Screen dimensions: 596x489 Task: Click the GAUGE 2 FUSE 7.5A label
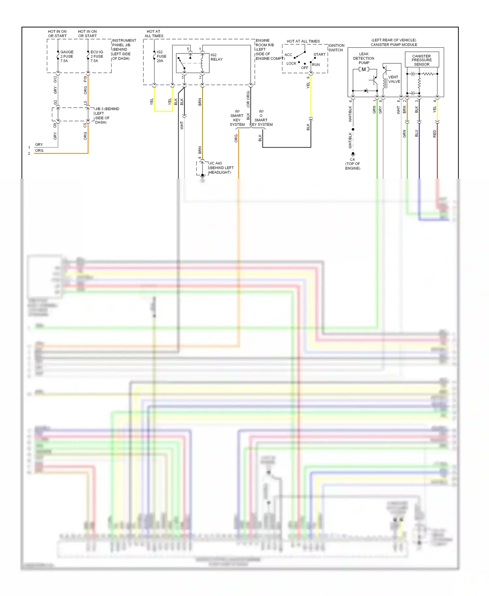pyautogui.click(x=67, y=56)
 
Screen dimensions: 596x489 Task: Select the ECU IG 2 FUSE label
pyautogui.click(x=96, y=56)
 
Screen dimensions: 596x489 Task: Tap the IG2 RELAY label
pyautogui.click(x=216, y=57)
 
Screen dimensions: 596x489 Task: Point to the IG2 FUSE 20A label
pyautogui.click(x=161, y=56)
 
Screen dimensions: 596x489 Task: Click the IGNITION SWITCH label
pyautogui.click(x=336, y=48)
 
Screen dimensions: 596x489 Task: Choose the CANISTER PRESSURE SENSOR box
pyautogui.click(x=422, y=60)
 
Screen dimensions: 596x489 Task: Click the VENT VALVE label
pyautogui.click(x=394, y=79)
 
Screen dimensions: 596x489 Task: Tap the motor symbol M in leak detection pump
pyautogui.click(x=363, y=69)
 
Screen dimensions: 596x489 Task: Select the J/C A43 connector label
pyautogui.click(x=215, y=163)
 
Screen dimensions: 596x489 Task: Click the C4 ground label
pyautogui.click(x=352, y=160)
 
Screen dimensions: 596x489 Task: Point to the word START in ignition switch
pyautogui.click(x=319, y=54)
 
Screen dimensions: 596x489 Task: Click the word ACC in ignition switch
pyautogui.click(x=288, y=55)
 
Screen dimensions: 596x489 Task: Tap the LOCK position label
pyautogui.click(x=291, y=64)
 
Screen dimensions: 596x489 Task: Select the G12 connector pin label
pyautogui.click(x=55, y=79)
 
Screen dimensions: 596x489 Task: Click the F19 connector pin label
pyautogui.click(x=85, y=79)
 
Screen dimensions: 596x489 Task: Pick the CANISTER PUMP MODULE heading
pyautogui.click(x=393, y=45)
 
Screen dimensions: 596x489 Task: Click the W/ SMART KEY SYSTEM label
pyautogui.click(x=237, y=118)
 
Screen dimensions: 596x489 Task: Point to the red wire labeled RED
pyautogui.click(x=437, y=150)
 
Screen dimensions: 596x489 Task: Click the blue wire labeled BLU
pyautogui.click(x=419, y=150)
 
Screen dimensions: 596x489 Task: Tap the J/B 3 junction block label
pyautogui.click(x=107, y=109)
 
